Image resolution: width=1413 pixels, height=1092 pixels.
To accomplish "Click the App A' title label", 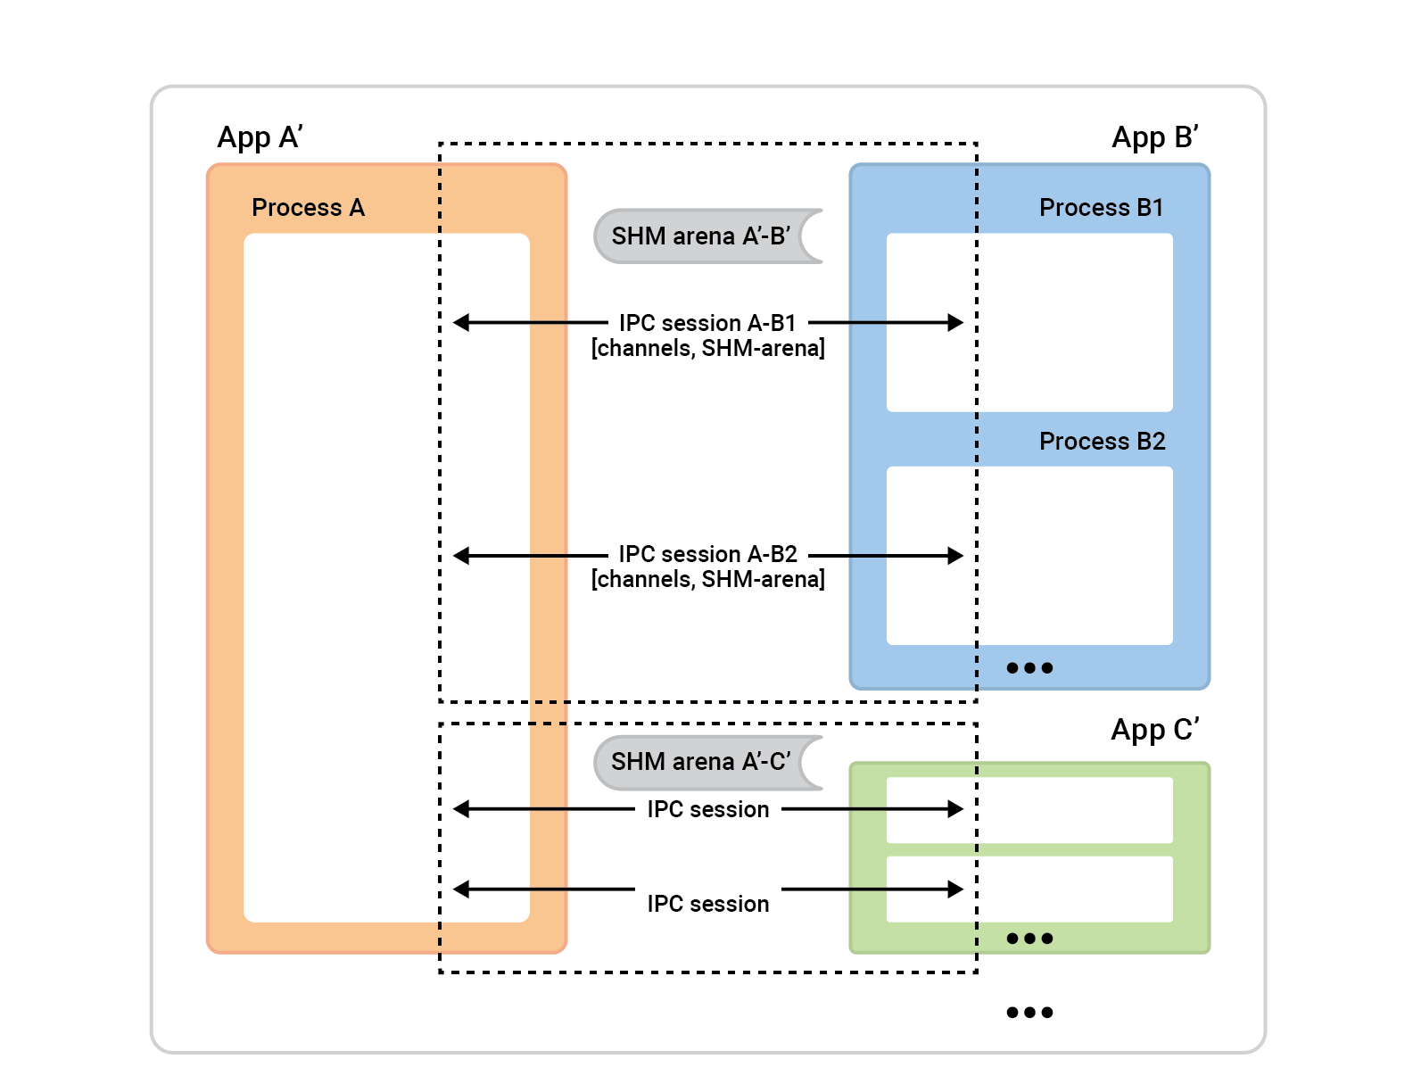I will point(260,137).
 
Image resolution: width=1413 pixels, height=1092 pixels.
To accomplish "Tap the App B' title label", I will point(1154,137).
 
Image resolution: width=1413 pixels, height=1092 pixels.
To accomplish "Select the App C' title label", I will point(1154,730).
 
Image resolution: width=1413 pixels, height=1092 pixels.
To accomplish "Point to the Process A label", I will point(308,208).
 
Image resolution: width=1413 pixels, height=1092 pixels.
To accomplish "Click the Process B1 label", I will point(1101,208).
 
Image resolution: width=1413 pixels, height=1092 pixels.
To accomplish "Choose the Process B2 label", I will point(1102,442).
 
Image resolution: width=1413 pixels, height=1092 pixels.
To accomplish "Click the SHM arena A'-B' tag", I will point(701,236).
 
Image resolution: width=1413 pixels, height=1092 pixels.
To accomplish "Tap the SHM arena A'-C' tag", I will point(701,762).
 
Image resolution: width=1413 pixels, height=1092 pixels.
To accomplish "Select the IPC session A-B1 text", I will point(707,323).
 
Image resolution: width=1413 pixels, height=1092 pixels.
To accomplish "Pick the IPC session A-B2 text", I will point(707,554).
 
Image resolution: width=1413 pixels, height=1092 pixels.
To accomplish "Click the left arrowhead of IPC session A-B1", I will point(461,323).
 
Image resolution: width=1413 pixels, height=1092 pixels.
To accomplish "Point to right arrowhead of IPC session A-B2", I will point(955,556).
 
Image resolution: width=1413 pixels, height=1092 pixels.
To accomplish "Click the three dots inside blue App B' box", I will point(1029,667).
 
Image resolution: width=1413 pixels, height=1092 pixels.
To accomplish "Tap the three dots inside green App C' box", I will point(1029,938).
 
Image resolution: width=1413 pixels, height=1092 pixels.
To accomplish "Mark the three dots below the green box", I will point(1029,1012).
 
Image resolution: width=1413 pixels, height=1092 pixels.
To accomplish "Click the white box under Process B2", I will point(1029,555).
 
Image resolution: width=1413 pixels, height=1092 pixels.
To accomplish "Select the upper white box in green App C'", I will point(1029,809).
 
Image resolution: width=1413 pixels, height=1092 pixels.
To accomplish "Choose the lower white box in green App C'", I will point(1029,889).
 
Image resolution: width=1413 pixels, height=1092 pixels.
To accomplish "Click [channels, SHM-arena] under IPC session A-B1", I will point(707,349).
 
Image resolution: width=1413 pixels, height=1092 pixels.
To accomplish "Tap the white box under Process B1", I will point(1029,322).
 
